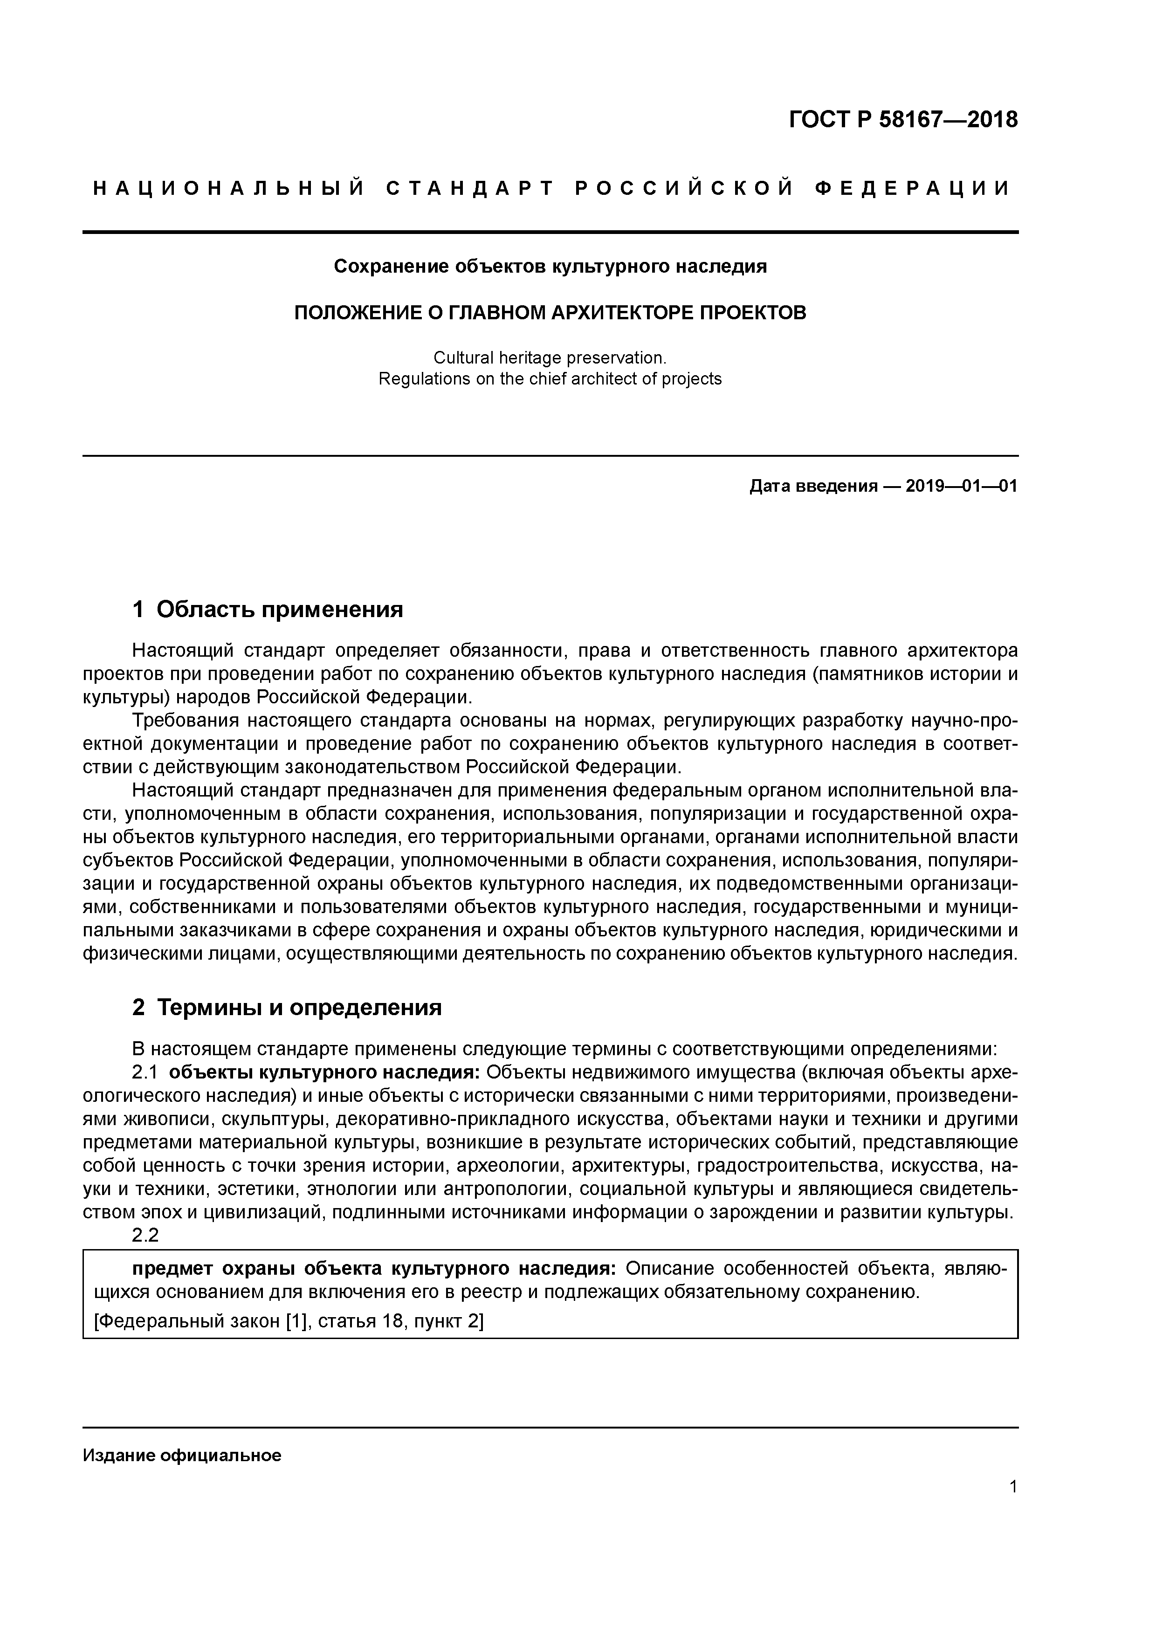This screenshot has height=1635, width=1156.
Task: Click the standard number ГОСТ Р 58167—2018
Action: pyautogui.click(x=903, y=120)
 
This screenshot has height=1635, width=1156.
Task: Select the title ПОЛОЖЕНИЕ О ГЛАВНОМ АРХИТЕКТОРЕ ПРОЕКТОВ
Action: pyautogui.click(x=550, y=313)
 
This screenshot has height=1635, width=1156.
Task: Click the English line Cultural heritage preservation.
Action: pyautogui.click(x=550, y=357)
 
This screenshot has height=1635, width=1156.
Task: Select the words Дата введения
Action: pyautogui.click(x=812, y=487)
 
